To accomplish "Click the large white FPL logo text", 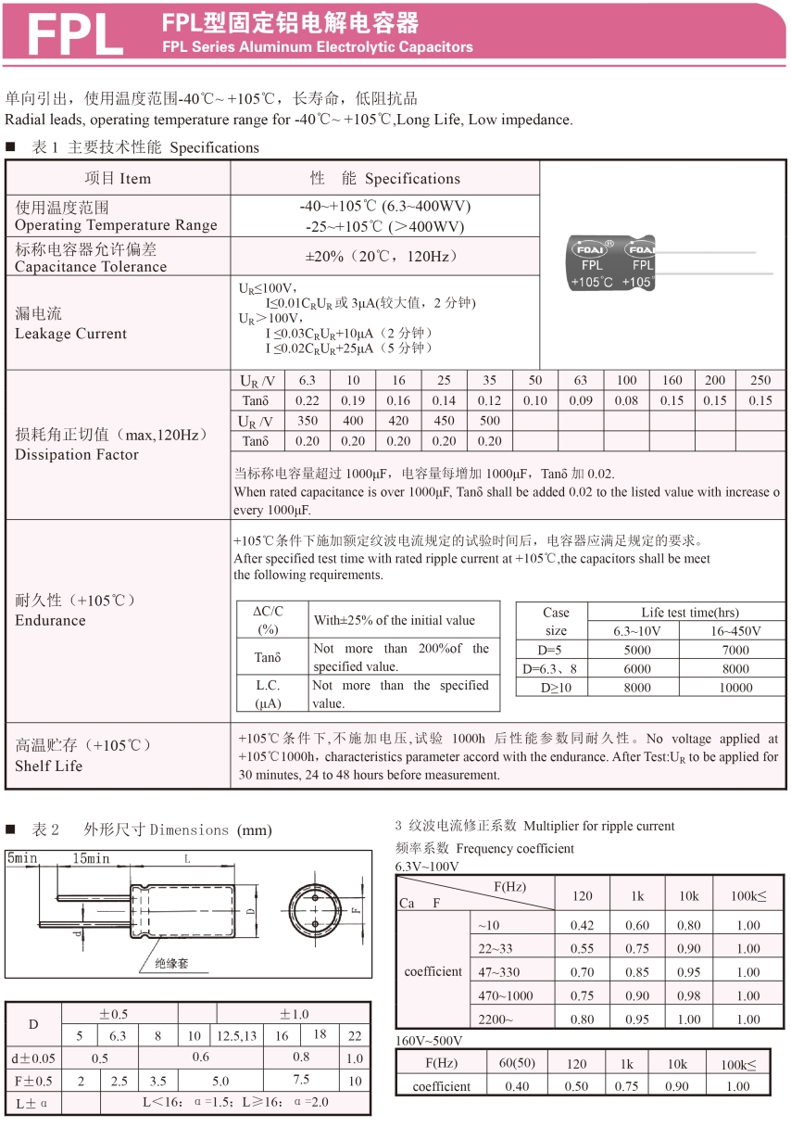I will tap(74, 34).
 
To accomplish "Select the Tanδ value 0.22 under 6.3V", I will tap(307, 400).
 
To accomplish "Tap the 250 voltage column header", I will tap(760, 380).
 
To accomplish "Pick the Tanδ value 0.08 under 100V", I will tap(626, 400).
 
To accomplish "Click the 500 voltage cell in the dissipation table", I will tap(489, 421).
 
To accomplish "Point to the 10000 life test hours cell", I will tap(735, 688).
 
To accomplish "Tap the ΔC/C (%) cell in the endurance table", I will tap(269, 619).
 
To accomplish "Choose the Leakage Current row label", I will tap(71, 323).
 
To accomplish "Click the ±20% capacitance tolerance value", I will tap(381, 256).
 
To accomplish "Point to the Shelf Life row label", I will tap(49, 766).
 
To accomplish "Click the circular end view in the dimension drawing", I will tap(311, 912).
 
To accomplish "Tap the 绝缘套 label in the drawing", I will tap(171, 963).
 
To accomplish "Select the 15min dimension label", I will tap(91, 859).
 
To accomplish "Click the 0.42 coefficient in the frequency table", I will tap(583, 925).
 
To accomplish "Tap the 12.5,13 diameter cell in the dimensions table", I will tap(237, 1036).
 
